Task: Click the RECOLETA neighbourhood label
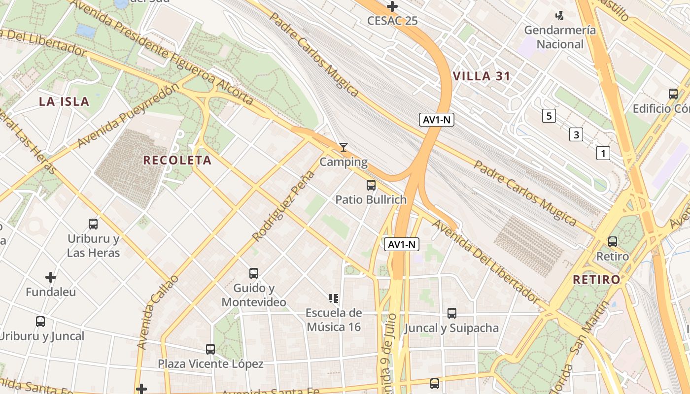[x=177, y=160]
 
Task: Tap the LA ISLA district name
[x=64, y=102]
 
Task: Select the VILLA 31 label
[x=481, y=76]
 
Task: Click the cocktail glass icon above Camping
[x=344, y=147]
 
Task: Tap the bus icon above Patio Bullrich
[x=371, y=185]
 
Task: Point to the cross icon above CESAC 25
[x=392, y=6]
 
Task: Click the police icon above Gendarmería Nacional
[x=559, y=16]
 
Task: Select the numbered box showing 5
[x=548, y=116]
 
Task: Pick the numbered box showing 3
[x=576, y=134]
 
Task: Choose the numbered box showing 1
[x=603, y=153]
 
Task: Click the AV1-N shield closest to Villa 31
[x=437, y=120]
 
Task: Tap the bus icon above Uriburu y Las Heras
[x=93, y=224]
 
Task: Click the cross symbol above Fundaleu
[x=51, y=277]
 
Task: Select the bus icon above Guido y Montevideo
[x=254, y=273]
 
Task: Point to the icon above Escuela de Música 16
[x=334, y=298]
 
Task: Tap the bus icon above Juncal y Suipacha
[x=451, y=313]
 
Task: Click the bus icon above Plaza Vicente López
[x=210, y=349]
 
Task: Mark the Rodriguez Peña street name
[x=283, y=206]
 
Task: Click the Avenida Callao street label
[x=157, y=313]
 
